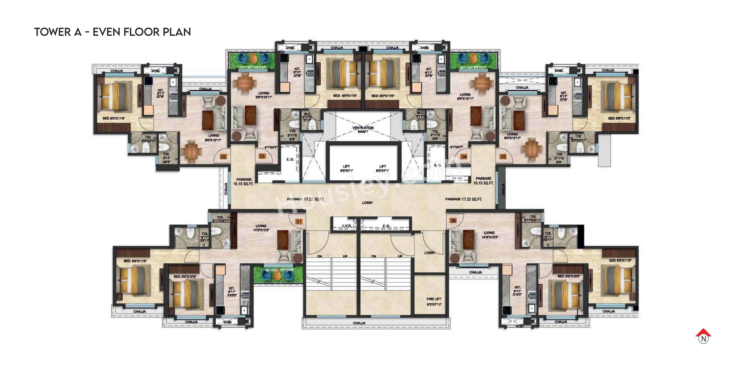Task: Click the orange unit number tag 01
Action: coord(299,222)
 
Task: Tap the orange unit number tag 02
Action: coord(223,157)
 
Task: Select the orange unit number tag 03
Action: coord(262,156)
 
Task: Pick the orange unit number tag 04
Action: coord(464,157)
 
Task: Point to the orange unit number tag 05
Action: coord(503,157)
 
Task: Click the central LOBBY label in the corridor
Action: coord(367,203)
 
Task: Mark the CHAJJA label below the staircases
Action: coord(359,323)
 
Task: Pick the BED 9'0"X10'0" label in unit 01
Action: coord(185,277)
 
